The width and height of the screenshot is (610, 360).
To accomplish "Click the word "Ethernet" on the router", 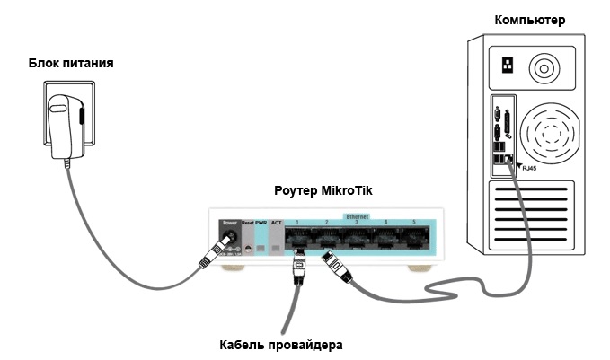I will point(357,216).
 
